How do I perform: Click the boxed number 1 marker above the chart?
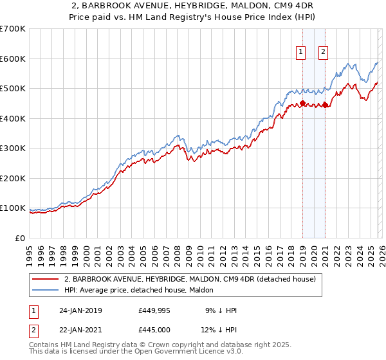(x=301, y=53)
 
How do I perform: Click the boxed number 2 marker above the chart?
(x=323, y=53)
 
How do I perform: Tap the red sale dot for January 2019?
(x=302, y=103)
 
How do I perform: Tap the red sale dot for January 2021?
(x=325, y=105)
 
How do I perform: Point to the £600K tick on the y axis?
(x=12, y=59)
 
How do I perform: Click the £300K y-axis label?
(x=12, y=148)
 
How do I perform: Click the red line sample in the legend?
(x=46, y=280)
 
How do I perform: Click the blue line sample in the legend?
(x=46, y=290)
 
